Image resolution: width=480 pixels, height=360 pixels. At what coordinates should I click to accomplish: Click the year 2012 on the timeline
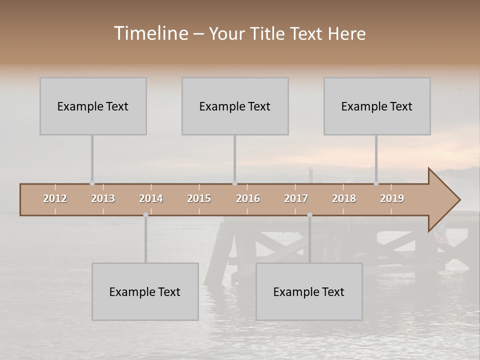[x=55, y=198]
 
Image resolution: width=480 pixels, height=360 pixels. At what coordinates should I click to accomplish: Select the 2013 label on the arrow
[x=103, y=198]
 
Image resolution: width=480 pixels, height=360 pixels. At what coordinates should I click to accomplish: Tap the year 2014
[x=151, y=198]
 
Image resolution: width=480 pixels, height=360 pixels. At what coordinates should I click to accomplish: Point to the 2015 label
[x=199, y=198]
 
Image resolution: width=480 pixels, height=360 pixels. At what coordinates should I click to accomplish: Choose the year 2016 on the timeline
[x=248, y=198]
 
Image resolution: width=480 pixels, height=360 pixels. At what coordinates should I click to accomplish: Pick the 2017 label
[x=296, y=198]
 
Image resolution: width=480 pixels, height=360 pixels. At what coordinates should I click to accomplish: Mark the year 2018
[x=344, y=198]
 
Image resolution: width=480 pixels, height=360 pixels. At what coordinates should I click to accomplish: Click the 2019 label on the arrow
[x=392, y=198]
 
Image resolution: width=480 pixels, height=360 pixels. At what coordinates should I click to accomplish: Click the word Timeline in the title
[x=150, y=33]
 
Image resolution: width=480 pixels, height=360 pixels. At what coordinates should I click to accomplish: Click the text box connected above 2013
[x=93, y=106]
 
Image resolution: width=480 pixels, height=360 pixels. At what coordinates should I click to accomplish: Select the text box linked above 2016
[x=235, y=106]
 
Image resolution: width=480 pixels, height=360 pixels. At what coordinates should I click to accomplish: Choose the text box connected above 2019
[x=377, y=106]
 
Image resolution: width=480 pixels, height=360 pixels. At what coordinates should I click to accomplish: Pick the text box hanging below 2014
[x=145, y=291]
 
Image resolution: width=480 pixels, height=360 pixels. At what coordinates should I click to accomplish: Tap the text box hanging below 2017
[x=309, y=291]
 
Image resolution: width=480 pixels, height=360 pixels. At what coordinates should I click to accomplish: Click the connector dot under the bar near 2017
[x=309, y=215]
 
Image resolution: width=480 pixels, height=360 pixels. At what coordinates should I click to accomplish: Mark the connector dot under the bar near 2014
[x=145, y=215]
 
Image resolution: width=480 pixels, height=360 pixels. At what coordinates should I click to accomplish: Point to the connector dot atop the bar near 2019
[x=376, y=183]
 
